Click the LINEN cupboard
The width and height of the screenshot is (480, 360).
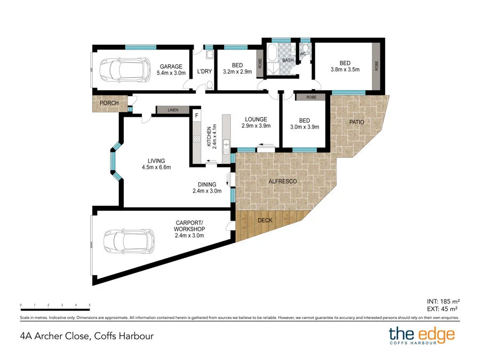point(173,110)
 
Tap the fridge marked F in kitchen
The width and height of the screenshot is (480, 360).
point(196,115)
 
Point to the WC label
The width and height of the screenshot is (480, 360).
point(302,54)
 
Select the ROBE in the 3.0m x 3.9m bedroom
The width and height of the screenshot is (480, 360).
point(311,98)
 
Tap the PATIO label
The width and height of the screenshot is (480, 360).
point(357,122)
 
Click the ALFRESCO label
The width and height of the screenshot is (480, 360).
point(282,181)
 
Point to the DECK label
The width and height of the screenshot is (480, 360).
point(265,219)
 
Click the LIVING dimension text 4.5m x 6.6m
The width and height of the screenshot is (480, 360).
point(156,167)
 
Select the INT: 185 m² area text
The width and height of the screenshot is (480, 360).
point(444,300)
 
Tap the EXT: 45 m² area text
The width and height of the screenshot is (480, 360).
point(444,309)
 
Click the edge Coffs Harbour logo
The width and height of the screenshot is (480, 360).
point(421,336)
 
